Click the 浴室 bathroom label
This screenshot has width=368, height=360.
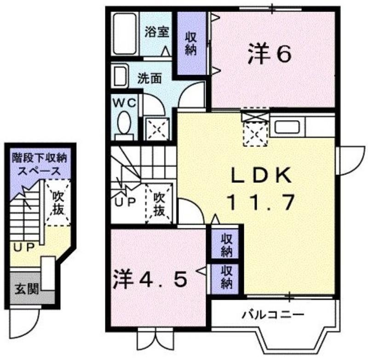tap(157, 32)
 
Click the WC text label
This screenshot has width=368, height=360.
tap(124, 103)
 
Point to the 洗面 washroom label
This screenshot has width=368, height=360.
tap(149, 78)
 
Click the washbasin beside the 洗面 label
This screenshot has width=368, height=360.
tap(120, 75)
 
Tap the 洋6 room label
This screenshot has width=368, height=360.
tap(270, 54)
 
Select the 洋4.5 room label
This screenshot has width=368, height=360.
tap(150, 279)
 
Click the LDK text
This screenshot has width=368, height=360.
tap(261, 175)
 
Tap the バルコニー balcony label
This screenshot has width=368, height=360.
tap(273, 314)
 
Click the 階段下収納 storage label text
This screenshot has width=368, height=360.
tap(40, 158)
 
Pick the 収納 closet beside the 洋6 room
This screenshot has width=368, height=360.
tap(191, 43)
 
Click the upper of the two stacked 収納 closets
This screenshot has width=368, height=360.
tap(225, 244)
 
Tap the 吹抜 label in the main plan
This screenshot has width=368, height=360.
tap(159, 204)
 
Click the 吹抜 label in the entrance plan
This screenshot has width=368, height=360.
tap(58, 203)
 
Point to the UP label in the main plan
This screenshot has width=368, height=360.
tap(125, 202)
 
